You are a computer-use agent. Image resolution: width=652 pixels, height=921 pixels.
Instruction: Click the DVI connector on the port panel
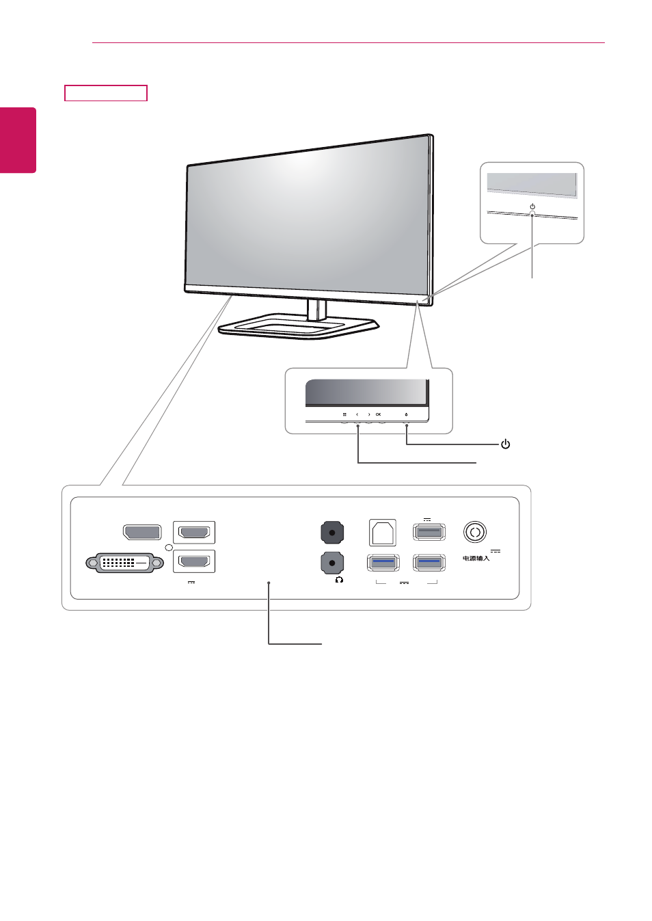tap(124, 563)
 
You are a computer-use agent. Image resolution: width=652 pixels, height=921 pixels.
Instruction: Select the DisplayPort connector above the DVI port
tap(142, 532)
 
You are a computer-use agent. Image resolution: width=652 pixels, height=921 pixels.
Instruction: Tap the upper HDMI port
tap(194, 533)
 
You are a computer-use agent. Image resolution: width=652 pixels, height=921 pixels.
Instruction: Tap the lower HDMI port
tap(194, 561)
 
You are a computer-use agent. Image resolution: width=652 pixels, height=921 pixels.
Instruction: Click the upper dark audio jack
tap(331, 533)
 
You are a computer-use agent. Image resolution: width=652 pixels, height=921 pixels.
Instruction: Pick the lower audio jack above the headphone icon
tap(331, 563)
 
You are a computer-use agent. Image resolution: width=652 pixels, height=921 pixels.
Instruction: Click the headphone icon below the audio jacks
tap(339, 580)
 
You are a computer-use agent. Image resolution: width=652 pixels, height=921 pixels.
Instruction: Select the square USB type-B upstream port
tap(383, 533)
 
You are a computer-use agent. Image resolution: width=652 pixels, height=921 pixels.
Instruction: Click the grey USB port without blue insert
tap(429, 532)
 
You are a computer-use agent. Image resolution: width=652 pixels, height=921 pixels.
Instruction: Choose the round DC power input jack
tap(475, 532)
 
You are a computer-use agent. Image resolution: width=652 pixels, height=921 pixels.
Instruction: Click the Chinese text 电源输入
tap(476, 559)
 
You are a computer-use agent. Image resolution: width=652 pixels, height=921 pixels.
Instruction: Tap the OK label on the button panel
tap(378, 414)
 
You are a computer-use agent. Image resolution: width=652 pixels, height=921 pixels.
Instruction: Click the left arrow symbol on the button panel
tap(357, 414)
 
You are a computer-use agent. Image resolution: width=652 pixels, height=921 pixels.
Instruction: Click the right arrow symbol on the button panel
tap(369, 414)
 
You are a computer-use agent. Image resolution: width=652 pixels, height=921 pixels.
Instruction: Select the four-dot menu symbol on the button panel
tap(344, 414)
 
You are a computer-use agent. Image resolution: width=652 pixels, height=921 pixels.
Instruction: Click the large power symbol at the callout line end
tap(505, 444)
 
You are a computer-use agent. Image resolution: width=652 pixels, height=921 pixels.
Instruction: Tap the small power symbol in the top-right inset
tap(532, 206)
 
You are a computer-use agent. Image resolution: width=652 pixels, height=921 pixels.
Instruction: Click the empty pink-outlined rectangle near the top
tap(106, 93)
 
